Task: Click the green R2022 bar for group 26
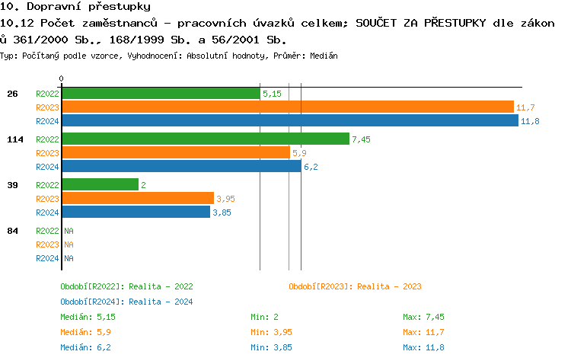161,94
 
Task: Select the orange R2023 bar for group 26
288,107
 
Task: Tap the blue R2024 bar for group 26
289,121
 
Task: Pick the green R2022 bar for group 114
206,139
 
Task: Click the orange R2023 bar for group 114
176,153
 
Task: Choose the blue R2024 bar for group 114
181,167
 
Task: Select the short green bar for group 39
100,185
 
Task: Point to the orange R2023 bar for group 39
138,199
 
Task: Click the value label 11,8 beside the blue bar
530,121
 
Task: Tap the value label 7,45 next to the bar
361,139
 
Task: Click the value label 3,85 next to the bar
222,212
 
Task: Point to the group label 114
14,139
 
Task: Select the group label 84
12,231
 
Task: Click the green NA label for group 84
69,231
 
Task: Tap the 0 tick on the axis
62,78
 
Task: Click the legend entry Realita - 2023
355,286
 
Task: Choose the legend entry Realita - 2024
126,302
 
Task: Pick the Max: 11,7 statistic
423,332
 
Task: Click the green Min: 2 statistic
266,317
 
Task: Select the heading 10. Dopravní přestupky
75,7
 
